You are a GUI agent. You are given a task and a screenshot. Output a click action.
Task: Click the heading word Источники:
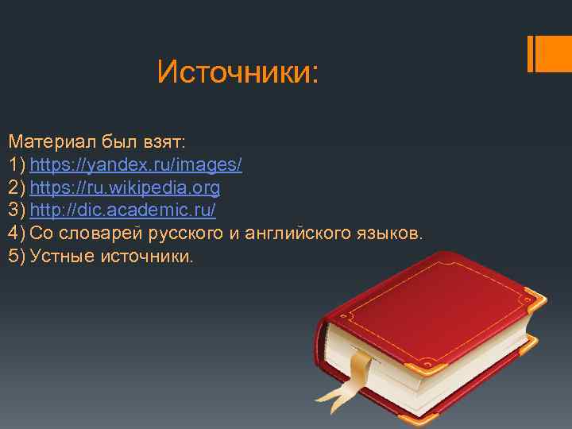(238, 72)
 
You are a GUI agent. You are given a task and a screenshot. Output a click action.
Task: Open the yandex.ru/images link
(136, 165)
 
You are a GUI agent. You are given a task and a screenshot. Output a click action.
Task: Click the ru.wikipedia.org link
(125, 188)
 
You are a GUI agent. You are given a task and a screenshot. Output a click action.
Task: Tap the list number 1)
(17, 165)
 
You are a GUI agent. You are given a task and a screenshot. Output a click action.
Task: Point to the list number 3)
(17, 211)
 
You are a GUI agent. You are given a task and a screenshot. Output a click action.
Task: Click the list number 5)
(17, 257)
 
